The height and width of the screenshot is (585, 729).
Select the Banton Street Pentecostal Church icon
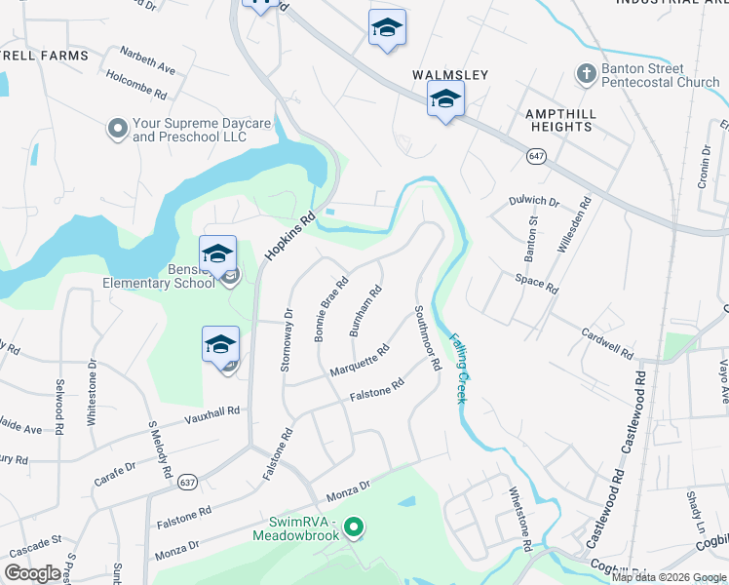[586, 74]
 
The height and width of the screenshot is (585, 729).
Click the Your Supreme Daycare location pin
[118, 129]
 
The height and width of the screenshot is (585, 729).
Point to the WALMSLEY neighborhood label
[449, 74]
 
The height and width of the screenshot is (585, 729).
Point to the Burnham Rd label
[365, 312]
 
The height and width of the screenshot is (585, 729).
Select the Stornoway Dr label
[288, 335]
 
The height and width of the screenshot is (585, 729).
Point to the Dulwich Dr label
[535, 202]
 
